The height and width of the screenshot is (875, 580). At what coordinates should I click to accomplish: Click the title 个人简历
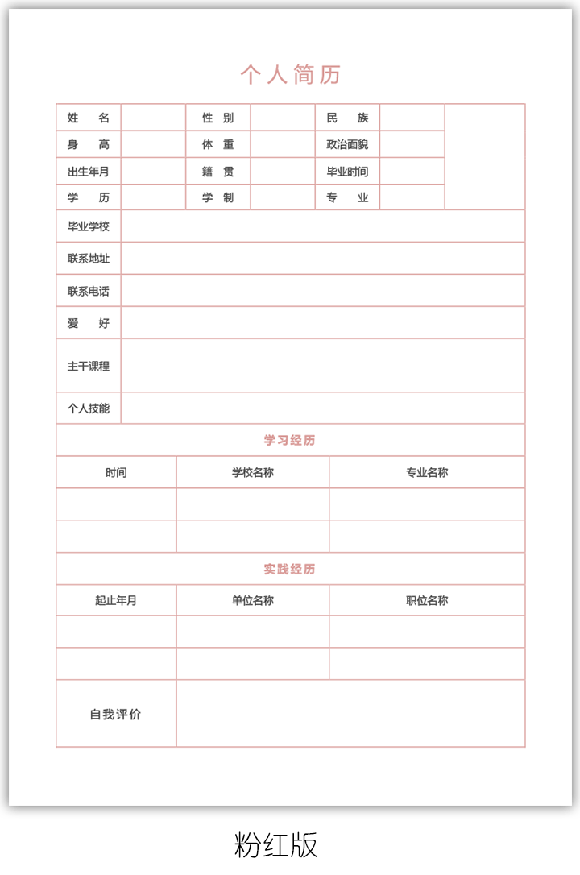290,75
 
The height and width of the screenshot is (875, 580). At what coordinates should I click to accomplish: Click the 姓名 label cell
89,118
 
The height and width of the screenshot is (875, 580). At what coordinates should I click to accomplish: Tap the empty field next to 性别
282,118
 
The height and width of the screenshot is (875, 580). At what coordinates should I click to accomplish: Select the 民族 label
347,118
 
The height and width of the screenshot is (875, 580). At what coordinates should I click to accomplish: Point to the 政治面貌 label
347,145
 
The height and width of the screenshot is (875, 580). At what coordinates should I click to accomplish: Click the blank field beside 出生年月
153,172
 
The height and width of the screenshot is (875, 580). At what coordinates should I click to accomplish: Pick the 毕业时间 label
347,172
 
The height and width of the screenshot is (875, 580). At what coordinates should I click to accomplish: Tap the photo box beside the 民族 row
484,157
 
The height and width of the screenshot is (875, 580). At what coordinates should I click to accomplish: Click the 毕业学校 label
89,226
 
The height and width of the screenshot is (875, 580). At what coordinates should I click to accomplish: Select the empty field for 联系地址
322,259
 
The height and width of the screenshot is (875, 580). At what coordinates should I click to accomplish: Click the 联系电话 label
89,291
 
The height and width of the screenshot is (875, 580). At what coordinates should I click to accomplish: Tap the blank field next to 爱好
322,323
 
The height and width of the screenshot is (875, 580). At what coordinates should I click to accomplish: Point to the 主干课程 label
89,366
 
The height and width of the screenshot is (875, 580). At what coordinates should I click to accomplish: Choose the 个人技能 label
89,408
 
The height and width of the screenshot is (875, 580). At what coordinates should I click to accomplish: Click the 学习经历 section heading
290,441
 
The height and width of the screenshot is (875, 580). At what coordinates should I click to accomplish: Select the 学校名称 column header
253,473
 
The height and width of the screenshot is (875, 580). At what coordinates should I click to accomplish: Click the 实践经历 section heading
290,570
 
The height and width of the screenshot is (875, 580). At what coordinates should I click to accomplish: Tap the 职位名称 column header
427,601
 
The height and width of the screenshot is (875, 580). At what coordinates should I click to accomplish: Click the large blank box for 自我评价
350,714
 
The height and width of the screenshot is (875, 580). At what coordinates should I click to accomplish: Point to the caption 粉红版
276,844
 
